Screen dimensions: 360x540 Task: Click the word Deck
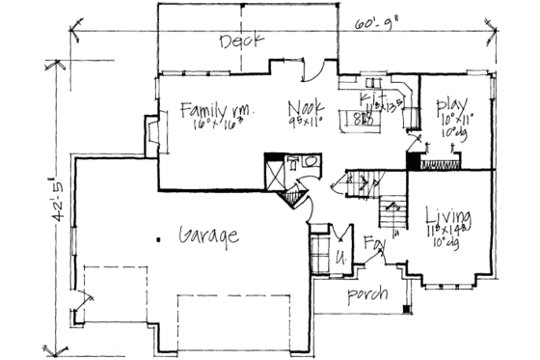click(x=235, y=42)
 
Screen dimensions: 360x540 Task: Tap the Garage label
click(x=207, y=235)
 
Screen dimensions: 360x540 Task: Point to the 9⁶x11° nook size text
click(x=307, y=120)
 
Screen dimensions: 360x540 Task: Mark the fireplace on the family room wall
click(x=151, y=137)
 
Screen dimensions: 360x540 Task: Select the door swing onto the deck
click(x=315, y=72)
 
